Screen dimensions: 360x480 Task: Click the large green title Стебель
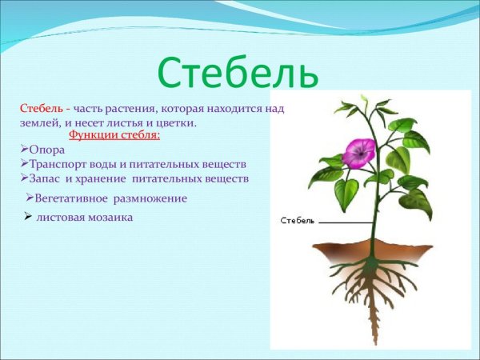coord(238,73)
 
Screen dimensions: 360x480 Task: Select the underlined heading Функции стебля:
coord(114,135)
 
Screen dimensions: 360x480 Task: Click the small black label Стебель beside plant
coord(298,220)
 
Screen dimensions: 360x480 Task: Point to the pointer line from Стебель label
coord(344,220)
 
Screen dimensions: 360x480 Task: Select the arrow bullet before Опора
coord(23,150)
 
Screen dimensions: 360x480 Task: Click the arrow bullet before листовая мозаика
coord(28,217)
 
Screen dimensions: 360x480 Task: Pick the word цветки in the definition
coord(178,123)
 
